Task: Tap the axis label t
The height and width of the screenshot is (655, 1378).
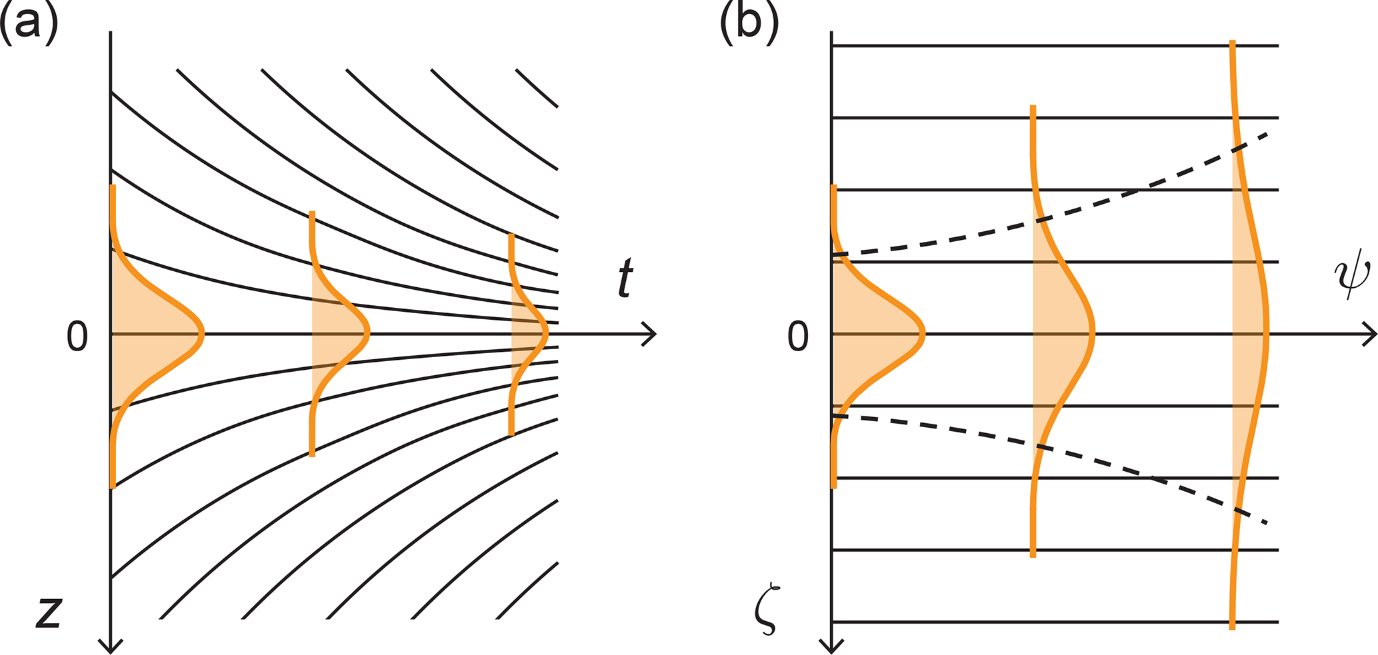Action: [x=625, y=278]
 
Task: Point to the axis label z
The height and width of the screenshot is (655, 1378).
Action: [x=49, y=612]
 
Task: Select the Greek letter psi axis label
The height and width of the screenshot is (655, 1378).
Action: [x=1351, y=279]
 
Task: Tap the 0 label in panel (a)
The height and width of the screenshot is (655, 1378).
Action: [x=77, y=336]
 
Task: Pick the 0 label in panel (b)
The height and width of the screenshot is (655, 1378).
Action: [x=798, y=336]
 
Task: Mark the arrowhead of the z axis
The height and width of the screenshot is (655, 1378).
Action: [x=111, y=647]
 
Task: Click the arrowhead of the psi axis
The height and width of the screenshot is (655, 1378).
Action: [x=1371, y=333]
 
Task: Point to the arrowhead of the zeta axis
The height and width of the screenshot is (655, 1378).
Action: [x=831, y=647]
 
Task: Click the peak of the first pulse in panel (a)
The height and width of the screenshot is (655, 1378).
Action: [x=203, y=333]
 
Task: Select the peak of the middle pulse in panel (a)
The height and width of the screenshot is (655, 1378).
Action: [x=368, y=333]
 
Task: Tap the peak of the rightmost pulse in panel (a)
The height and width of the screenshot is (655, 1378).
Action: [x=547, y=333]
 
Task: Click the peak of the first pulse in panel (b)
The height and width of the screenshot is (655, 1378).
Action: [x=924, y=333]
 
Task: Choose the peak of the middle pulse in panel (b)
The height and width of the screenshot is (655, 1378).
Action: [x=1093, y=333]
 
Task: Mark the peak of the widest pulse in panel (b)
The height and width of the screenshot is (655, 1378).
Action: [x=1267, y=333]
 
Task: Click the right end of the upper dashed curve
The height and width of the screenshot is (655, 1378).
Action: [x=1265, y=135]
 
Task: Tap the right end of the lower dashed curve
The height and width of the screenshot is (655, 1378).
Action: [x=1265, y=522]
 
